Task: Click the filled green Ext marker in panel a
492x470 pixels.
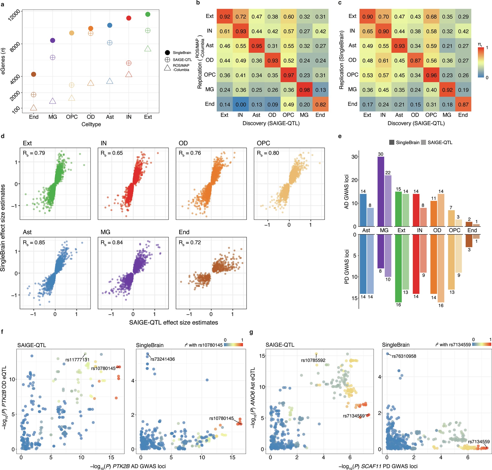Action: (x=148, y=14)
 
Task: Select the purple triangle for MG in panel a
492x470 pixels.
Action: (x=52, y=101)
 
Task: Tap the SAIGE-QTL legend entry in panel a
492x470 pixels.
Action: (x=182, y=60)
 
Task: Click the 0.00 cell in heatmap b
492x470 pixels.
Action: (x=241, y=105)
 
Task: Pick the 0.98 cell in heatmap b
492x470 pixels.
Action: (x=304, y=90)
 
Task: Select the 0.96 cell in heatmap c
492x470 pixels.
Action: (x=431, y=75)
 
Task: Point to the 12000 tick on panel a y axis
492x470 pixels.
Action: (x=14, y=15)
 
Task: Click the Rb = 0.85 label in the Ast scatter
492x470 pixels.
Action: (x=34, y=242)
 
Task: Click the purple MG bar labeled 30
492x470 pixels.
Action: (x=380, y=191)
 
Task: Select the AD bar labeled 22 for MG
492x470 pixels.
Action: (x=388, y=201)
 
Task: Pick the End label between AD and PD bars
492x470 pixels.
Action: (x=472, y=230)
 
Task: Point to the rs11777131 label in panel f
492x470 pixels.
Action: (x=77, y=360)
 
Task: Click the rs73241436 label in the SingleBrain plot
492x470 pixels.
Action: (x=162, y=359)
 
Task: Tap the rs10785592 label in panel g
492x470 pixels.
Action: (x=313, y=360)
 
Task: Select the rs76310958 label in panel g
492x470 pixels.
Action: (x=404, y=356)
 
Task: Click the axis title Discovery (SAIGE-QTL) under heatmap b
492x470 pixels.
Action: (x=271, y=123)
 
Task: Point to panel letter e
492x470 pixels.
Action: (x=340, y=136)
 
